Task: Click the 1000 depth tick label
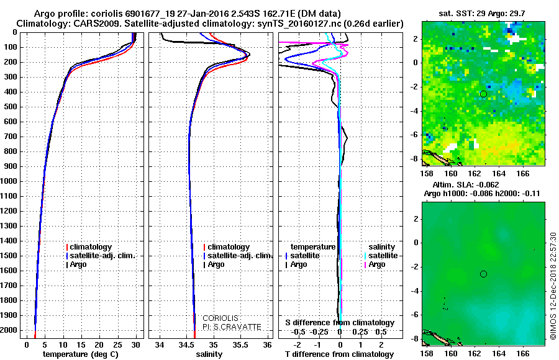11,181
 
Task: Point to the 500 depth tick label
14,107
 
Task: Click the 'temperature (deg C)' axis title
80,354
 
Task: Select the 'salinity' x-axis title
209,354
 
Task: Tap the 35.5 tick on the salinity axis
241,344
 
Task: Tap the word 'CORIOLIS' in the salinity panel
221,318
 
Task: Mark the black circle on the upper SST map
483,94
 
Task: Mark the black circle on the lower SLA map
483,274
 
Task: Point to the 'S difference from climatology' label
340,323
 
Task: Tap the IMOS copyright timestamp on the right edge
552,286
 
